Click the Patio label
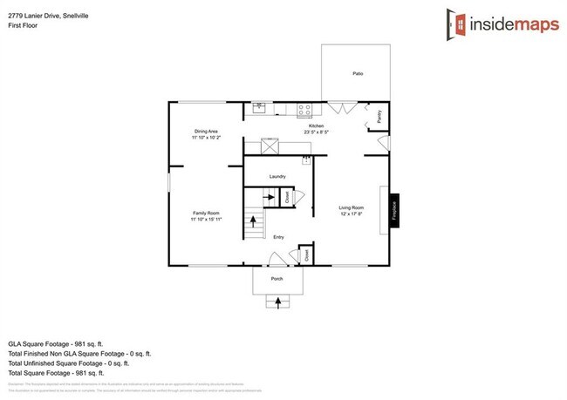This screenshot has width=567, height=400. click(358, 73)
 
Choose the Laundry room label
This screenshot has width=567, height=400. click(278, 177)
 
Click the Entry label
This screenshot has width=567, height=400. click(278, 237)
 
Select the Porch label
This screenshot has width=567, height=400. click(277, 279)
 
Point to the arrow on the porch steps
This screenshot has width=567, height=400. click(278, 302)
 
